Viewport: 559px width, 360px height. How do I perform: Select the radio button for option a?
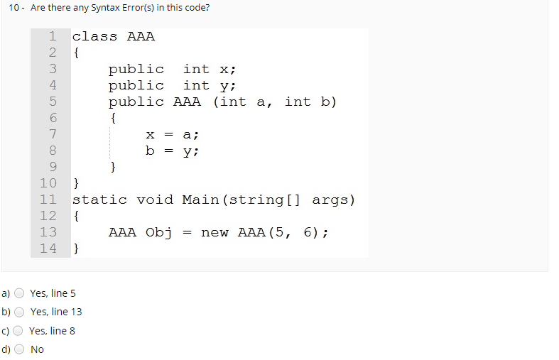[20, 293]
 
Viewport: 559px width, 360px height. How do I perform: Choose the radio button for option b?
[20, 312]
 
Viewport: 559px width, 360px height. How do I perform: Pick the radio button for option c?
[20, 331]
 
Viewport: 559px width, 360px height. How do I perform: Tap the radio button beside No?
[20, 349]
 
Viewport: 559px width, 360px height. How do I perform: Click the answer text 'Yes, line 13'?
[56, 312]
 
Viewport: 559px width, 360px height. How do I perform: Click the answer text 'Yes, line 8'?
[52, 331]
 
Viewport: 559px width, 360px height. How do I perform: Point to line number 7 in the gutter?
[52, 134]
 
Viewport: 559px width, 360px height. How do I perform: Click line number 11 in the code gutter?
[48, 200]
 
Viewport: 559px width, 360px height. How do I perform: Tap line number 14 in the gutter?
[48, 249]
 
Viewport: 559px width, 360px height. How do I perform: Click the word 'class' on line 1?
[94, 36]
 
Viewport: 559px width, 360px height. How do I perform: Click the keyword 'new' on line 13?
[215, 232]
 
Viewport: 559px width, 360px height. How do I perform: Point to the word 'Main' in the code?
[200, 200]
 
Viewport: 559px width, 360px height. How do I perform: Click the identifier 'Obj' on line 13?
[159, 232]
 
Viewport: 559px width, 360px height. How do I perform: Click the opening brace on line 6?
[113, 118]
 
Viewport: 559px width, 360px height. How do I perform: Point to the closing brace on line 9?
[113, 167]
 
